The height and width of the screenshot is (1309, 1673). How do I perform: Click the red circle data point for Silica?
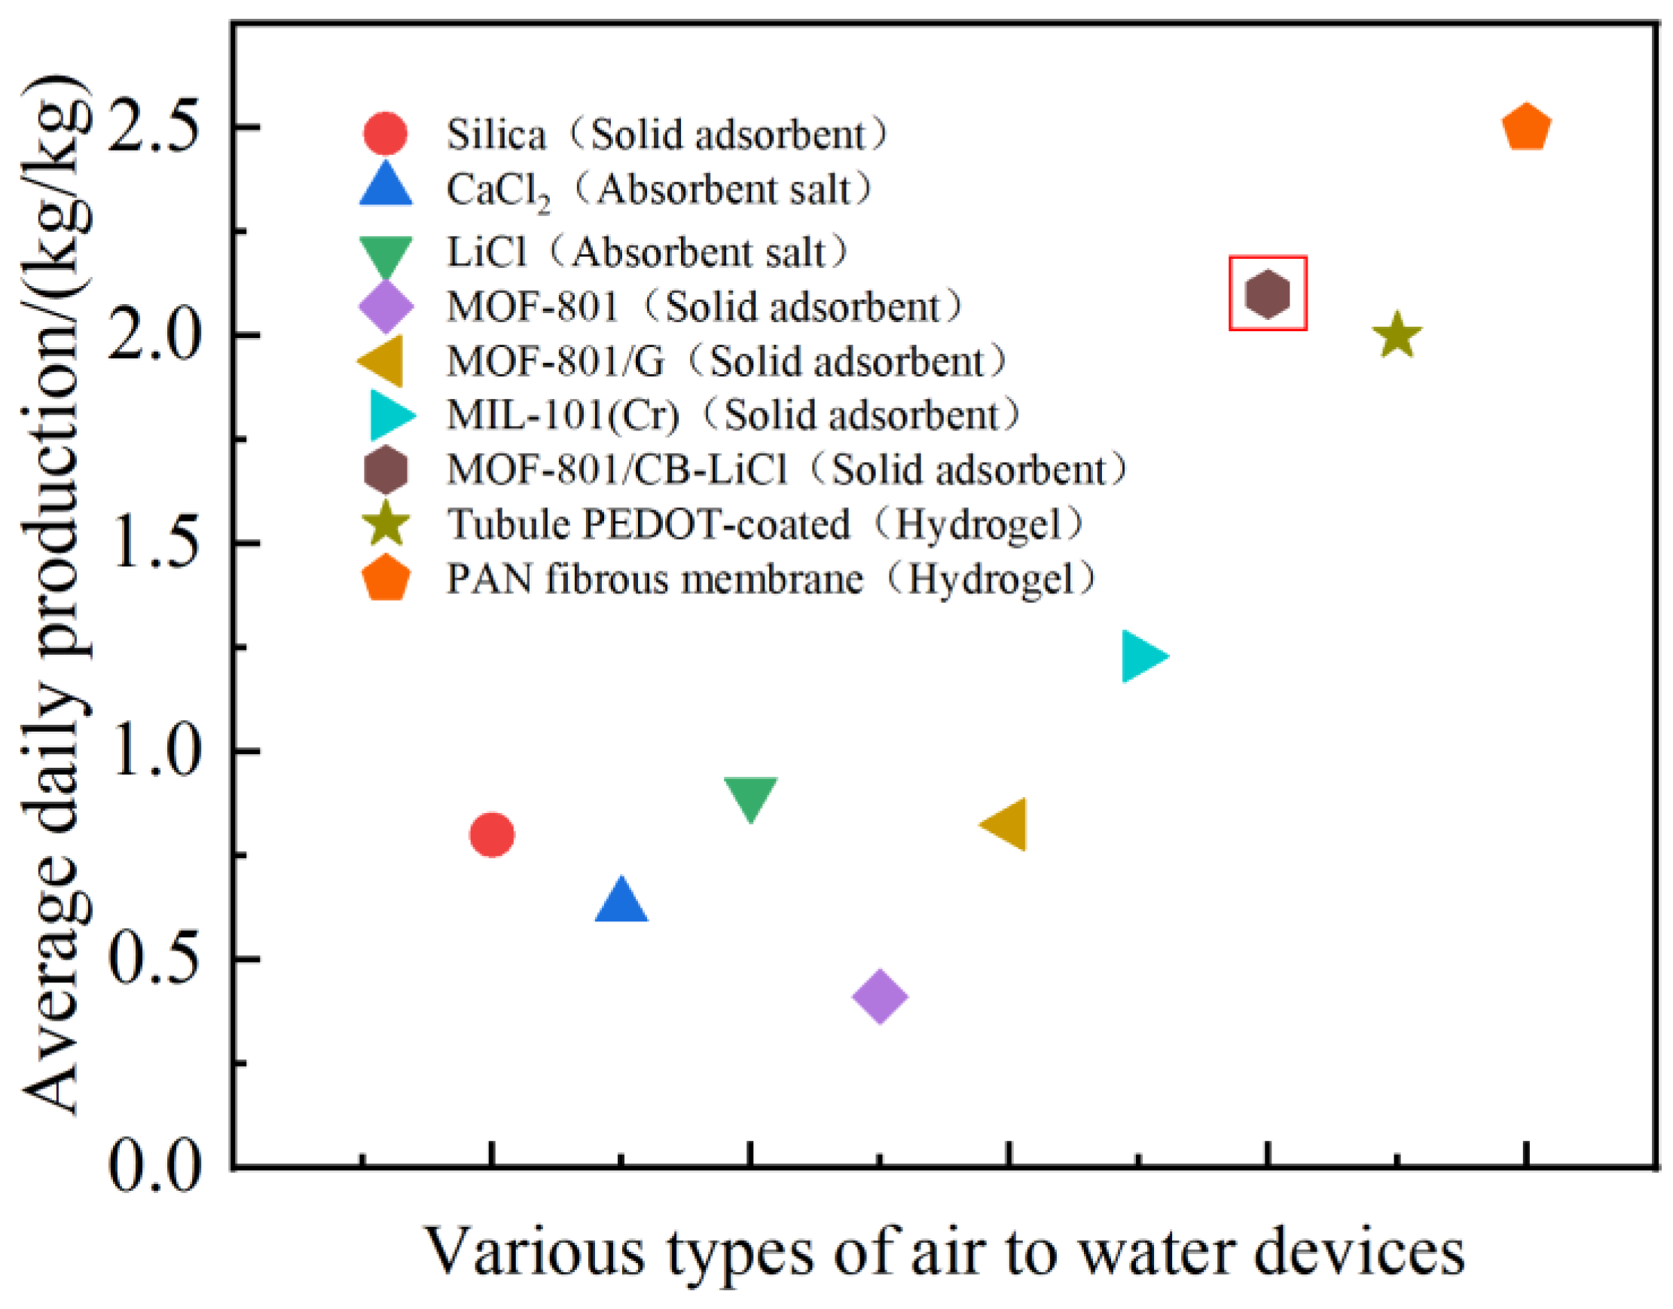tap(491, 834)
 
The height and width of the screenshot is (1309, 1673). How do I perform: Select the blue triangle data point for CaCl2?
tap(621, 901)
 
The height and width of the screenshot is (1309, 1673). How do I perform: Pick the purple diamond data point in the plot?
tap(880, 996)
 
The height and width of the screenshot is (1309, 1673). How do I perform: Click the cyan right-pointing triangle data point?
tap(1143, 656)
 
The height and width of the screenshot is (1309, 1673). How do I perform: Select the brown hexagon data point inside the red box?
tap(1268, 294)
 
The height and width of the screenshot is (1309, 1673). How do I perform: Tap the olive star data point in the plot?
tap(1397, 336)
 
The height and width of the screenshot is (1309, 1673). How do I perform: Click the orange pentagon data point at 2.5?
tap(1526, 128)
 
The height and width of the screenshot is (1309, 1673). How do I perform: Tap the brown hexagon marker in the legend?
tap(386, 470)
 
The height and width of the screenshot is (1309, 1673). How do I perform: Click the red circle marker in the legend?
tap(385, 133)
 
